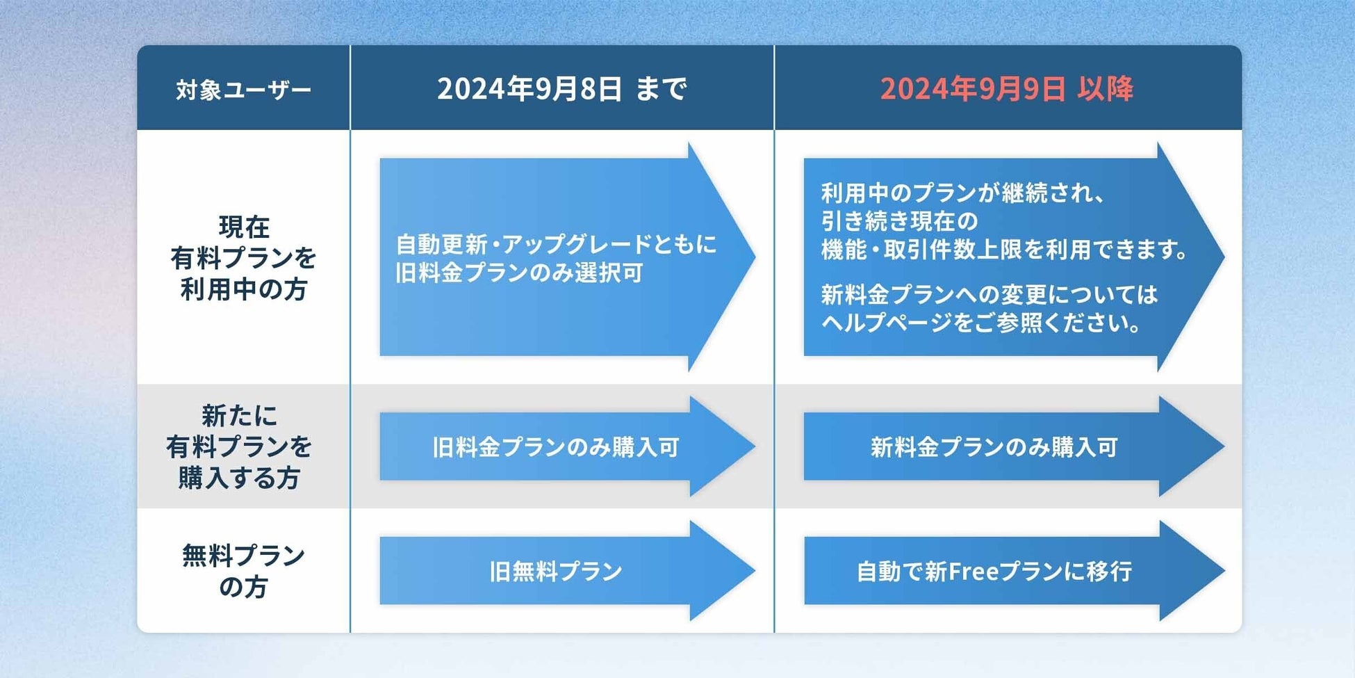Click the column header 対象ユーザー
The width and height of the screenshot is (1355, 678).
click(243, 90)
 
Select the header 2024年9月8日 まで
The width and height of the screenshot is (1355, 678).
click(561, 89)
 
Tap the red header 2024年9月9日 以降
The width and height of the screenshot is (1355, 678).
click(1006, 89)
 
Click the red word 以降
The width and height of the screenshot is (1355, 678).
click(1106, 89)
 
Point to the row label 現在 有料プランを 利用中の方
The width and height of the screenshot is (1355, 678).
click(243, 258)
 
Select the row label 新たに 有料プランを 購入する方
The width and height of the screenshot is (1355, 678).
click(239, 446)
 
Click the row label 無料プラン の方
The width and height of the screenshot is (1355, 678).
click(243, 571)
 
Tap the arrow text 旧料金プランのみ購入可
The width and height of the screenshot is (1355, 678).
click(555, 447)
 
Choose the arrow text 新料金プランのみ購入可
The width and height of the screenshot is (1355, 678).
click(994, 447)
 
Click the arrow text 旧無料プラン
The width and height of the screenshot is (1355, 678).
click(555, 572)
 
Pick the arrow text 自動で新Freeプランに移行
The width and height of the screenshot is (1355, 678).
click(994, 572)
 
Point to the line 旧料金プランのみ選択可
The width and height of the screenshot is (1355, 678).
click(518, 273)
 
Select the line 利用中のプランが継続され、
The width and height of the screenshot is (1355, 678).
click(962, 193)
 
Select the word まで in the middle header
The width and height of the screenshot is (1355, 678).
click(661, 89)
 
